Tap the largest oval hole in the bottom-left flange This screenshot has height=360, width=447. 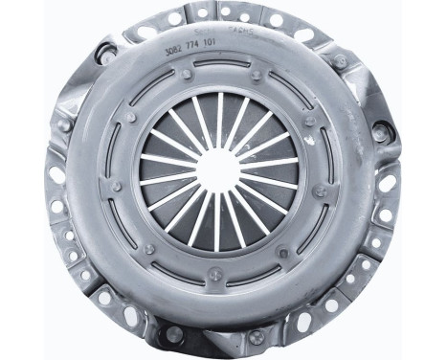(x=104, y=298)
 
